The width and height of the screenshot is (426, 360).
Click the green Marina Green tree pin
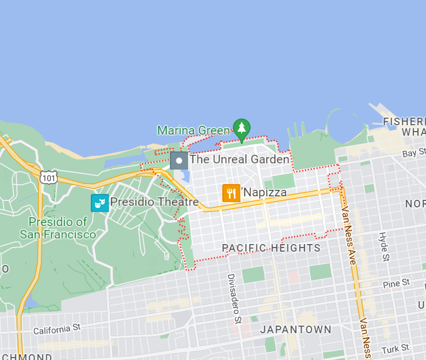click(x=242, y=128)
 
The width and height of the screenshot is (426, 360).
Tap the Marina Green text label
click(x=193, y=130)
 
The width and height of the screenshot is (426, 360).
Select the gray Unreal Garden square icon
click(x=179, y=160)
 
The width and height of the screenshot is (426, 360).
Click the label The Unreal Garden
click(x=239, y=159)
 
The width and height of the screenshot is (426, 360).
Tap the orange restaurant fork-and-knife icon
click(x=231, y=193)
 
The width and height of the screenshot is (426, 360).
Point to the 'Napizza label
click(x=264, y=193)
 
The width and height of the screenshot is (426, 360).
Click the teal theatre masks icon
click(x=100, y=203)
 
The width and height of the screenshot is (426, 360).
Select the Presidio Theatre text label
click(x=154, y=202)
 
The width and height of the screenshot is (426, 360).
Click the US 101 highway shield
click(x=49, y=176)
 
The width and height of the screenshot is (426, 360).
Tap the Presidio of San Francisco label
click(x=58, y=228)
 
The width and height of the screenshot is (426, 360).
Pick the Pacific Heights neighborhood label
click(x=271, y=248)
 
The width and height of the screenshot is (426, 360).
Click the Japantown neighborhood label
click(x=296, y=329)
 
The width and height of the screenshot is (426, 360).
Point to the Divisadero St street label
click(x=234, y=298)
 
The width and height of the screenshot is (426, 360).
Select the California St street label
click(x=56, y=330)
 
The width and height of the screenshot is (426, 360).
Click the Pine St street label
click(x=396, y=284)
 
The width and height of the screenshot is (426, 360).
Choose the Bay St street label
click(x=414, y=153)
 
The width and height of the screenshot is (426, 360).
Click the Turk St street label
click(x=396, y=349)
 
